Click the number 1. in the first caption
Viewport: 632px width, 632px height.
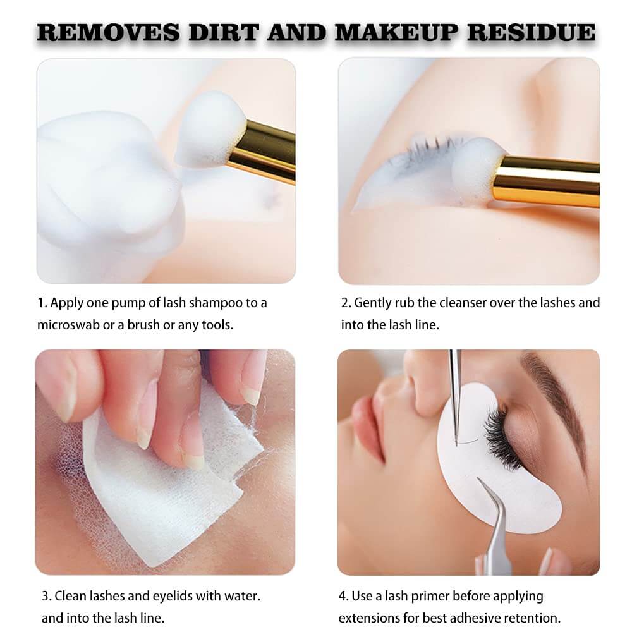pos(42,303)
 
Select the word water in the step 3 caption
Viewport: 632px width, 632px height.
pos(241,595)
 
